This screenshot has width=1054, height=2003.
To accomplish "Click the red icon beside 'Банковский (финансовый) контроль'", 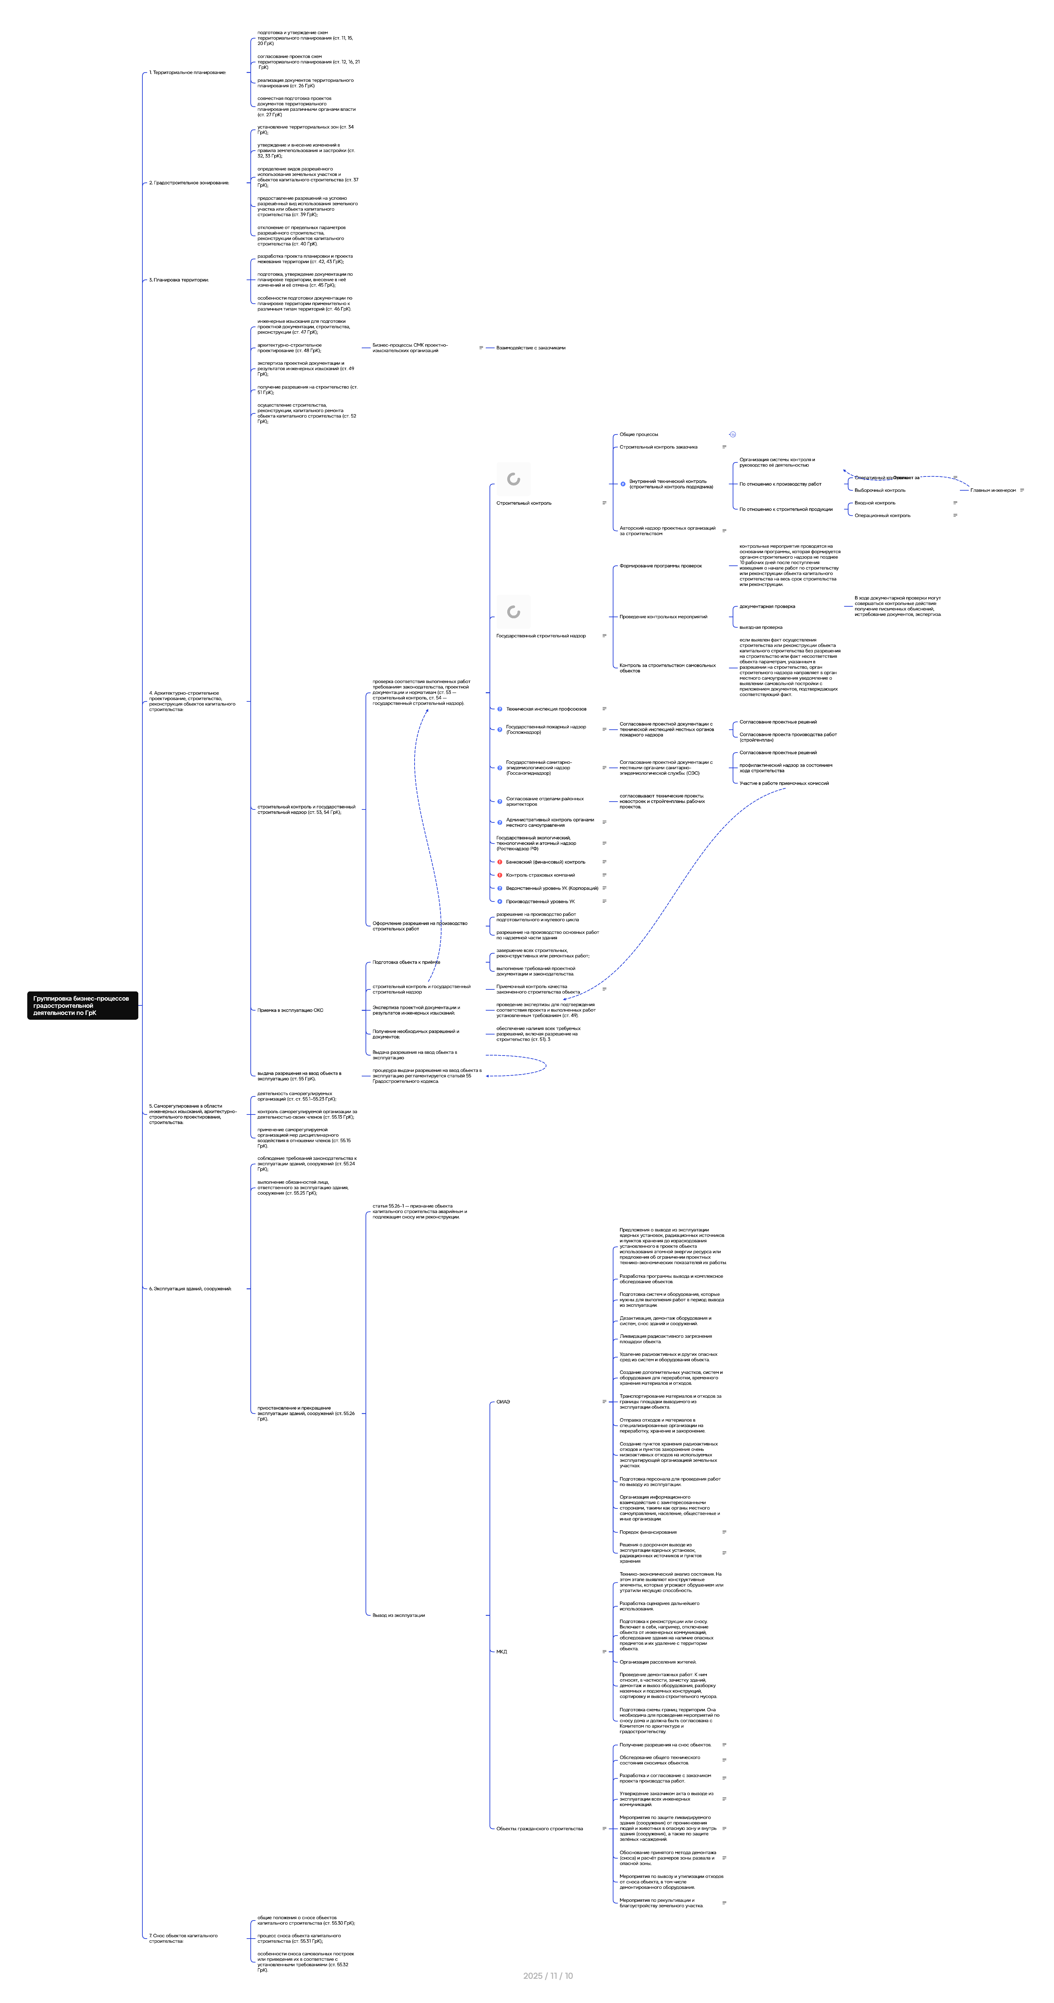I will point(500,862).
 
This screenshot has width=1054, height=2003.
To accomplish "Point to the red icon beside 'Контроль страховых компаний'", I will point(500,875).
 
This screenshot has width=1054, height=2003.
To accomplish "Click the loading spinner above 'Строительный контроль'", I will point(513,479).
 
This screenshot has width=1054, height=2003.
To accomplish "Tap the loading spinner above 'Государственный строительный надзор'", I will point(513,612).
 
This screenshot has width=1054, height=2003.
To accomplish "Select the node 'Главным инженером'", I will point(993,491).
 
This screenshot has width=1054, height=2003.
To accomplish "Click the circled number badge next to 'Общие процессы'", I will point(732,435).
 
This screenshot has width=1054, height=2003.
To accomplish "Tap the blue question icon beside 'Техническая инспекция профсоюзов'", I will point(500,709).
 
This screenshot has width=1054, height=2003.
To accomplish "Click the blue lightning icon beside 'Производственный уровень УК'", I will point(500,901).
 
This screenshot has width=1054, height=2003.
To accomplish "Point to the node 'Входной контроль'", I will point(874,503).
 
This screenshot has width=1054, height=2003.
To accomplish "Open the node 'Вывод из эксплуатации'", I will point(399,1615).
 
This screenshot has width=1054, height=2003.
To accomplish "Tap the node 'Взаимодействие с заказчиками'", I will point(531,348).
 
